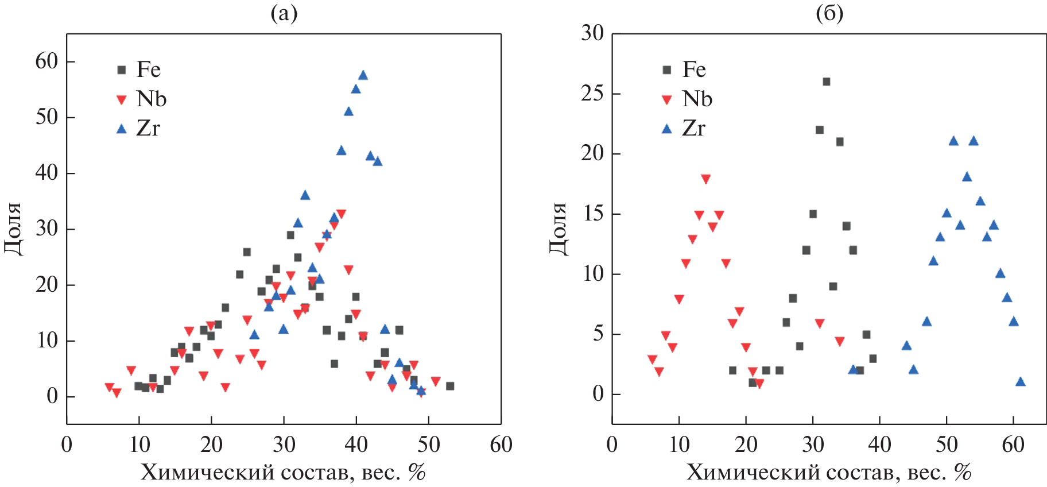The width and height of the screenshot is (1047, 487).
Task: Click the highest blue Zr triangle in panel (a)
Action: [x=363, y=75]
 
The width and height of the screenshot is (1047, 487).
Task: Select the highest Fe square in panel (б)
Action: [x=827, y=82]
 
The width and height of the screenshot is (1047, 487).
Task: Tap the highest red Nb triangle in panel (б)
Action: [x=706, y=179]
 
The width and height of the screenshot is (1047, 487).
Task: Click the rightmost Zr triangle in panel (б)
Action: [x=1020, y=382]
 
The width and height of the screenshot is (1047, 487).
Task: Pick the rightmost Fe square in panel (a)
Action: [x=450, y=386]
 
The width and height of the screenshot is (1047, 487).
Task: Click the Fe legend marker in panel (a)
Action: [x=121, y=70]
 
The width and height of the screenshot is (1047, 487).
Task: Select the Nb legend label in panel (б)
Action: [x=697, y=99]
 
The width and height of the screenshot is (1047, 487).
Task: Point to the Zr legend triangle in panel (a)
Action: [x=121, y=129]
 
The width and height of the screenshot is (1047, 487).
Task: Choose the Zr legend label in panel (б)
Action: [x=693, y=129]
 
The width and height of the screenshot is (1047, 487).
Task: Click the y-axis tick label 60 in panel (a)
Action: [x=47, y=61]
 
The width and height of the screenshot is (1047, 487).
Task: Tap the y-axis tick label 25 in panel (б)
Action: [x=592, y=93]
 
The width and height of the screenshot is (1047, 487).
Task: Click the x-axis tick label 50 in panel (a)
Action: [x=428, y=445]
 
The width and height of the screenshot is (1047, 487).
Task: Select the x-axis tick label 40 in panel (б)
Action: [x=879, y=445]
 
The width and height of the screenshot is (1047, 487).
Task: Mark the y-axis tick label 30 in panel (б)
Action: [x=592, y=33]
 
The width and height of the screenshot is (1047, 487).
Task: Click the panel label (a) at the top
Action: [x=284, y=13]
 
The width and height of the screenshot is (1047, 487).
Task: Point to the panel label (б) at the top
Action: [x=829, y=13]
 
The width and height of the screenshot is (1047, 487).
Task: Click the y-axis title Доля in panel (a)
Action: [x=13, y=229]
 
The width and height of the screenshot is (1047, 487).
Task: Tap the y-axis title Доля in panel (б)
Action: [x=559, y=229]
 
